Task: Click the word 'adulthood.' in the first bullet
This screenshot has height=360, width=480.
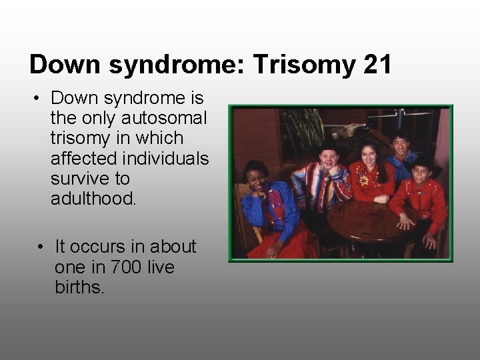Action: [93, 198]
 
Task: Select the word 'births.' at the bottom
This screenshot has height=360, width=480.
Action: [80, 287]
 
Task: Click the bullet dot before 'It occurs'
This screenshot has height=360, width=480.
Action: [41, 247]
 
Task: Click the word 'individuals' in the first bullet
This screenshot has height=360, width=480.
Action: [163, 158]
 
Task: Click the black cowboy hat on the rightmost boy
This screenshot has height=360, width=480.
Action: [427, 163]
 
